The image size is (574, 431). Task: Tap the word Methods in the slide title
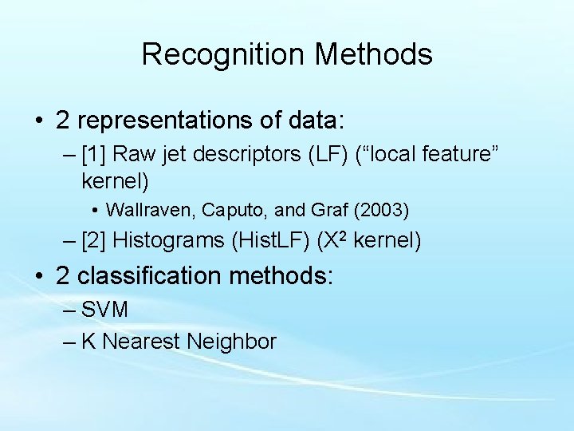pos(374,54)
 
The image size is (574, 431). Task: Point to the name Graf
pos(293,211)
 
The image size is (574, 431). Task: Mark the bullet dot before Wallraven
pos(95,212)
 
